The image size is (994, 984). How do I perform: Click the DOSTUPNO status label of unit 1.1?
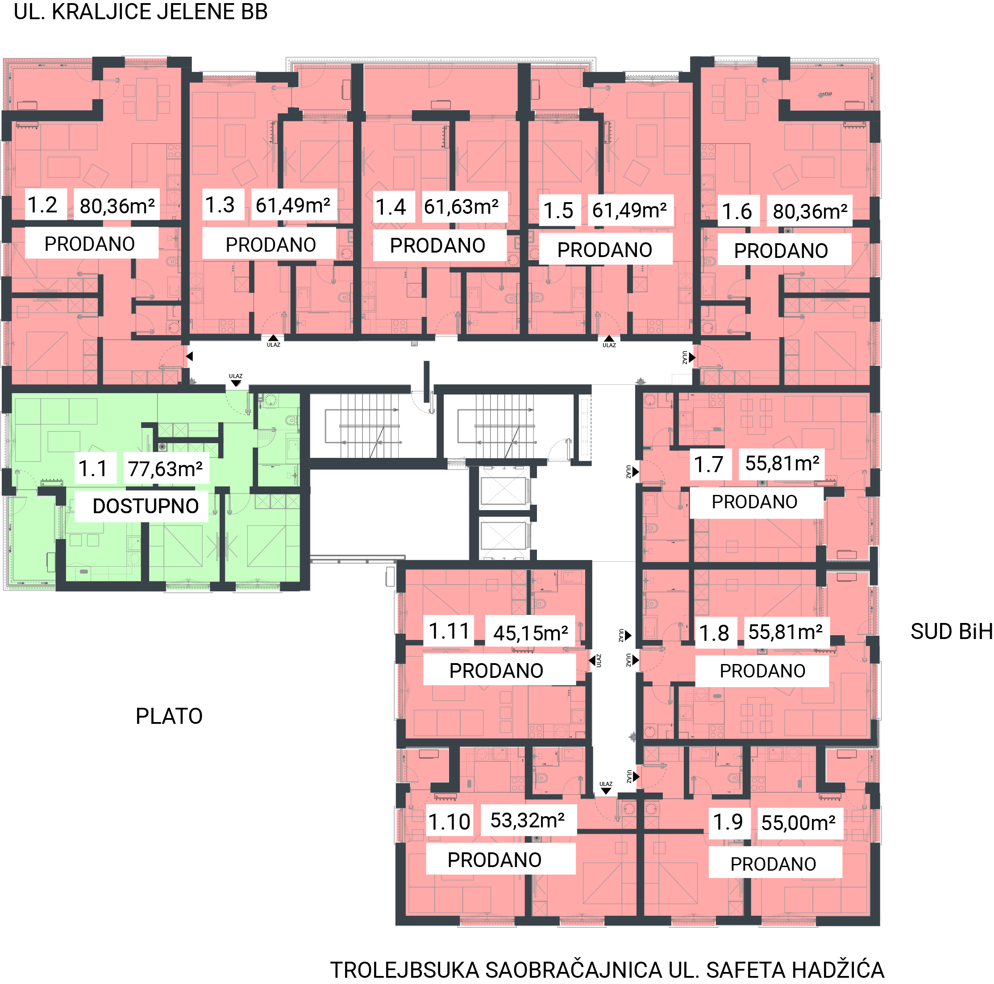tap(146, 506)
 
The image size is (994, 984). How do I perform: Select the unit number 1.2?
tap(42, 205)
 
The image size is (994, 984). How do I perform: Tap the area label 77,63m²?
tap(165, 469)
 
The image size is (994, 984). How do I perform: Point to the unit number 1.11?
tap(449, 631)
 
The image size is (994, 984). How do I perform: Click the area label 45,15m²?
tap(530, 633)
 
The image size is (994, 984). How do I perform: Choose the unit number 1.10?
tap(449, 822)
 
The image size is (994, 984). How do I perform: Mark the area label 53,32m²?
tap(528, 820)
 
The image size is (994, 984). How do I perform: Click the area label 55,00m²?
tap(799, 822)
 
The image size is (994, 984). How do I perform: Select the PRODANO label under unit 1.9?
tap(773, 864)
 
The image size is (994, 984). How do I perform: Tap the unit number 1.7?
tap(708, 465)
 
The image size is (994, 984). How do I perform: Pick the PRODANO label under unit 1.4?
tap(437, 245)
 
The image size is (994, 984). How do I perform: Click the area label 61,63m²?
tap(461, 206)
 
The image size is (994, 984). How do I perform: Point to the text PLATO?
tap(169, 716)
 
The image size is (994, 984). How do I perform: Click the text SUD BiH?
tap(951, 631)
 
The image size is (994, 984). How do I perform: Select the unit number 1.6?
tap(737, 212)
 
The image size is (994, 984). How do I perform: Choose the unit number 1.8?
tap(714, 633)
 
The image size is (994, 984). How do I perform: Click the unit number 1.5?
tap(558, 210)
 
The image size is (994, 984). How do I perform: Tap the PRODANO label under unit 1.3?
tap(270, 245)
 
